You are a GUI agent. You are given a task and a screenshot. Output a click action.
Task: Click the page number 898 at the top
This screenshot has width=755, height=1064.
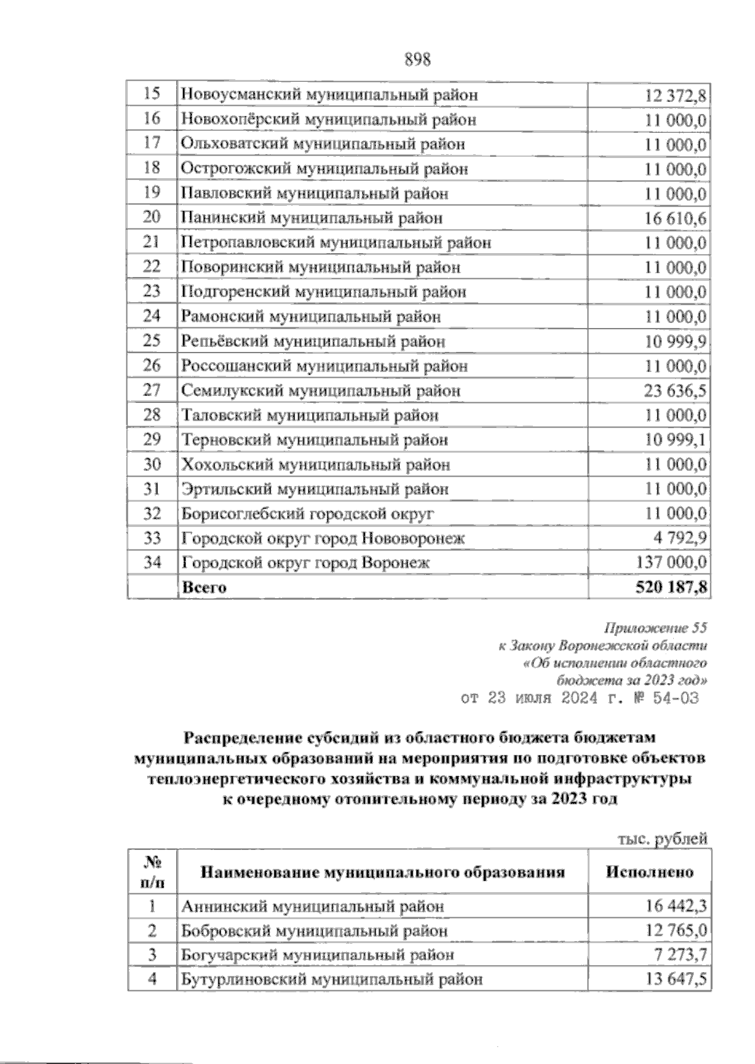coord(417,60)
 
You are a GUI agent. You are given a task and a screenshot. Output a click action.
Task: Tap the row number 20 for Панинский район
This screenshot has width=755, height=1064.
coord(152,218)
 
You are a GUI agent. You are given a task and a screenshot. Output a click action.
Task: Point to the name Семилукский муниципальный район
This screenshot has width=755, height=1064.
coord(321,391)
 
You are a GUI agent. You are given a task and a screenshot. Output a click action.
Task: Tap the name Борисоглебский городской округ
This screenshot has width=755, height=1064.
coord(308,514)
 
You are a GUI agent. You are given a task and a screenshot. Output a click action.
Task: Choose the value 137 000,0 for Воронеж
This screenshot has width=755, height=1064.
coord(671,563)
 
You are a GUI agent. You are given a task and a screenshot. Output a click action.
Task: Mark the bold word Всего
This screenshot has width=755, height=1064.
coord(204,588)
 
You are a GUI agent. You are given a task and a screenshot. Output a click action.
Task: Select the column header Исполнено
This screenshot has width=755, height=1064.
coord(649,873)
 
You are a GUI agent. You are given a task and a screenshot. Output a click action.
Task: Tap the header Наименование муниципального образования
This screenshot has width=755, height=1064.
coord(382,873)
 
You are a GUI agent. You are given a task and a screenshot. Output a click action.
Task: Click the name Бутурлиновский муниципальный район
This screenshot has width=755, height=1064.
coord(332,980)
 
